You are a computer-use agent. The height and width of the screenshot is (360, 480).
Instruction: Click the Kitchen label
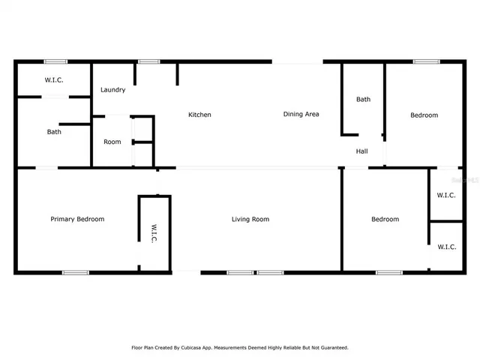[199, 115]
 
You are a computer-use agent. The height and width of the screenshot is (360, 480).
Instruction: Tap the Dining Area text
[301, 114]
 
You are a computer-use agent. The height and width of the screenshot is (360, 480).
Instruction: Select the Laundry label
[112, 90]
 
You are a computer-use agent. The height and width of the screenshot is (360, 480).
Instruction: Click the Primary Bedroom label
[77, 219]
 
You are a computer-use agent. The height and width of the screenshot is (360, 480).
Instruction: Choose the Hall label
[362, 151]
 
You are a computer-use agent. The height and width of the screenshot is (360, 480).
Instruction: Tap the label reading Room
[112, 142]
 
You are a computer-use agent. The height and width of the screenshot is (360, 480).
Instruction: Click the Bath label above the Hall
[364, 99]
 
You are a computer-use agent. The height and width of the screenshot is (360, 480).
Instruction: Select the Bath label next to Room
[54, 132]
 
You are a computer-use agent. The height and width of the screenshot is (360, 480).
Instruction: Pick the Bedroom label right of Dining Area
[424, 115]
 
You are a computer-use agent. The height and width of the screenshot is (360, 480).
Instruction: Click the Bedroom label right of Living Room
[385, 219]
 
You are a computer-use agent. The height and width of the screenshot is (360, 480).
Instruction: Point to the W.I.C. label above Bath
[54, 79]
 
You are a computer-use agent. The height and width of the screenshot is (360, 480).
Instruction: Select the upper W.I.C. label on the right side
[447, 196]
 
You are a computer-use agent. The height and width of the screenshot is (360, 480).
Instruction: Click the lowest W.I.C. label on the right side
[447, 246]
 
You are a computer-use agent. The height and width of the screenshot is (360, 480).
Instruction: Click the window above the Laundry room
[148, 61]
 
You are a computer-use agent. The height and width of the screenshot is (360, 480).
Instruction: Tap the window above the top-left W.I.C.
[55, 61]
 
